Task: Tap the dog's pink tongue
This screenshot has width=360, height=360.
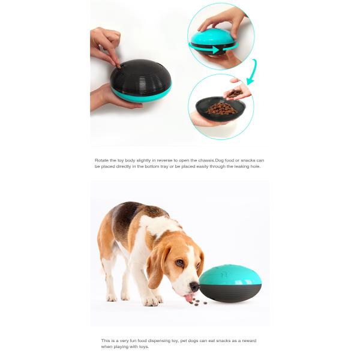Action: (189, 297)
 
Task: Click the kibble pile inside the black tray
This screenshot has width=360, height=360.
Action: (222, 109)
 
